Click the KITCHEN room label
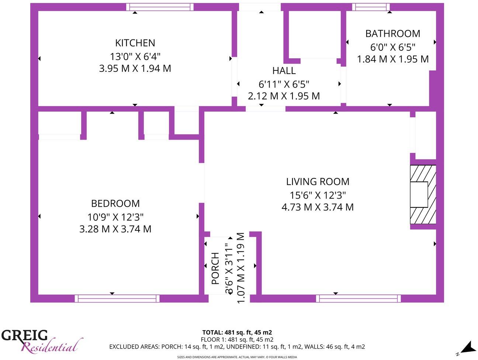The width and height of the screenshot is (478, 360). coord(135,43)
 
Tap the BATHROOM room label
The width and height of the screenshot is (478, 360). coord(392,34)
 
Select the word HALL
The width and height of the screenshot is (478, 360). coord(284,70)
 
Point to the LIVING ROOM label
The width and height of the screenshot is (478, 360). coord(318,181)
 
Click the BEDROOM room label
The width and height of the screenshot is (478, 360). coord(115,203)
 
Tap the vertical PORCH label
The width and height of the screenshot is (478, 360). coord(215,268)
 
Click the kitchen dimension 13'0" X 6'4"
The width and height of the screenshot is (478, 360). coord(135,56)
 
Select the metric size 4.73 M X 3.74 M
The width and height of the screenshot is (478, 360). coord(318,207)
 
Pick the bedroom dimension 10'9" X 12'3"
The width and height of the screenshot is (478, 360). coord(115,216)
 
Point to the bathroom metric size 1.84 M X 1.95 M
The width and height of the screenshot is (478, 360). coord(392,59)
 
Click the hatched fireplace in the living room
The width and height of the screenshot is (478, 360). coord(423,194)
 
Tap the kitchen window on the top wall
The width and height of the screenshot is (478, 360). coord(160,7)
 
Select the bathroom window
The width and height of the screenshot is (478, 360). coord(371,7)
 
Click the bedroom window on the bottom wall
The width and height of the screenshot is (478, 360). coord(117,298)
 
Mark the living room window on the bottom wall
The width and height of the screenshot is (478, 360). coord(358,298)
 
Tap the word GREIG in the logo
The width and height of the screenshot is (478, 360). coord(24,335)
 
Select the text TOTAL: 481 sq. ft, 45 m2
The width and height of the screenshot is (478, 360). coord(237,332)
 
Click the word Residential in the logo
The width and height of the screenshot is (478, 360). coord(50,347)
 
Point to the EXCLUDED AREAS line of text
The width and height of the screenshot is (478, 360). coord(237,347)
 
